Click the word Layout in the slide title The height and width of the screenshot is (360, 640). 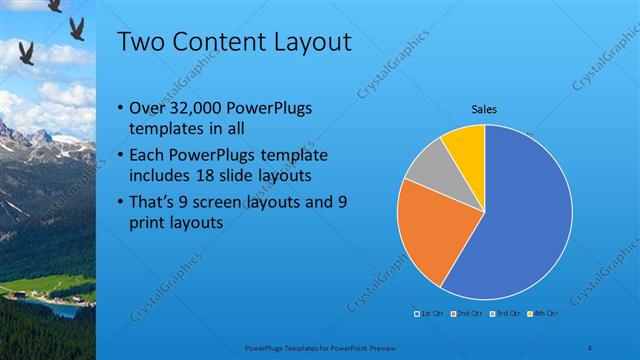click(x=306, y=42)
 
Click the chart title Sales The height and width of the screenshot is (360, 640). click(x=484, y=109)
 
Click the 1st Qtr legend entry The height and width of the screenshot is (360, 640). click(x=430, y=314)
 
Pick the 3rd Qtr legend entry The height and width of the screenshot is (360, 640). click(x=503, y=314)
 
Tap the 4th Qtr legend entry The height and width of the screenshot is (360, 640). click(x=539, y=314)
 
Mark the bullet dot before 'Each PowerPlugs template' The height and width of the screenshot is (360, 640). click(x=120, y=156)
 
